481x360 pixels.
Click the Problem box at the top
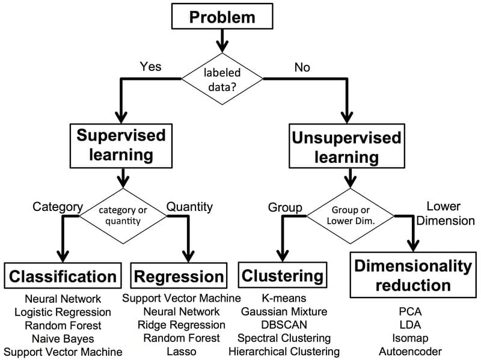[222, 17]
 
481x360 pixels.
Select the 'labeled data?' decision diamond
[222, 79]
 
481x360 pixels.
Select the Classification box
[63, 276]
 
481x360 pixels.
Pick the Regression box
[179, 276]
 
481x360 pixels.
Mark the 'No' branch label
[302, 67]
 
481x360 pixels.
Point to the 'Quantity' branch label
[189, 207]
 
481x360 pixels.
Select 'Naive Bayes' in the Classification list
[63, 339]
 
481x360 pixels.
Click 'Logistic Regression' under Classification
[63, 312]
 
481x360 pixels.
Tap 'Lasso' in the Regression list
[181, 352]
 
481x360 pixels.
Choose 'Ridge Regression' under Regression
[181, 325]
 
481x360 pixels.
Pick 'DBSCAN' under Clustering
[284, 325]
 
